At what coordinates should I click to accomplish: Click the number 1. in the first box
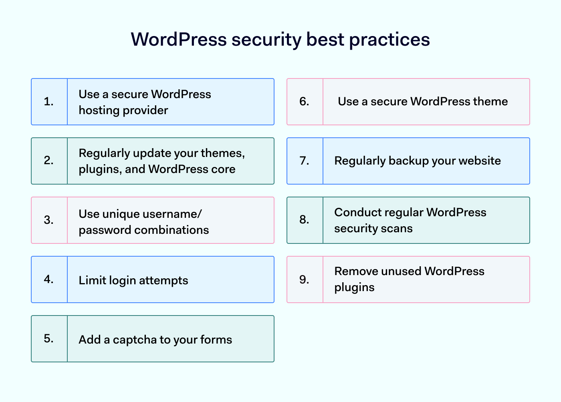coord(49,102)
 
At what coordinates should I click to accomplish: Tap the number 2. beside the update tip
coord(49,161)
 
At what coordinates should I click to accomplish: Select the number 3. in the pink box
coord(49,220)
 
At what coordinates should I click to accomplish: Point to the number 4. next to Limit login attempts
coord(49,279)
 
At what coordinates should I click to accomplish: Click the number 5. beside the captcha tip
coord(49,338)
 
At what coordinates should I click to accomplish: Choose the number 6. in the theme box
coord(305,102)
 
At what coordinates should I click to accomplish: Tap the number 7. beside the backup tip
coord(305,161)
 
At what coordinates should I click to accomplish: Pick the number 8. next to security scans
coord(305,220)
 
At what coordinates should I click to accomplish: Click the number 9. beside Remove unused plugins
coord(305,279)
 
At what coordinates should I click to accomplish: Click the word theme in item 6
coord(490,102)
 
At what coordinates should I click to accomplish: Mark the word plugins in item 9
coord(354,287)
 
